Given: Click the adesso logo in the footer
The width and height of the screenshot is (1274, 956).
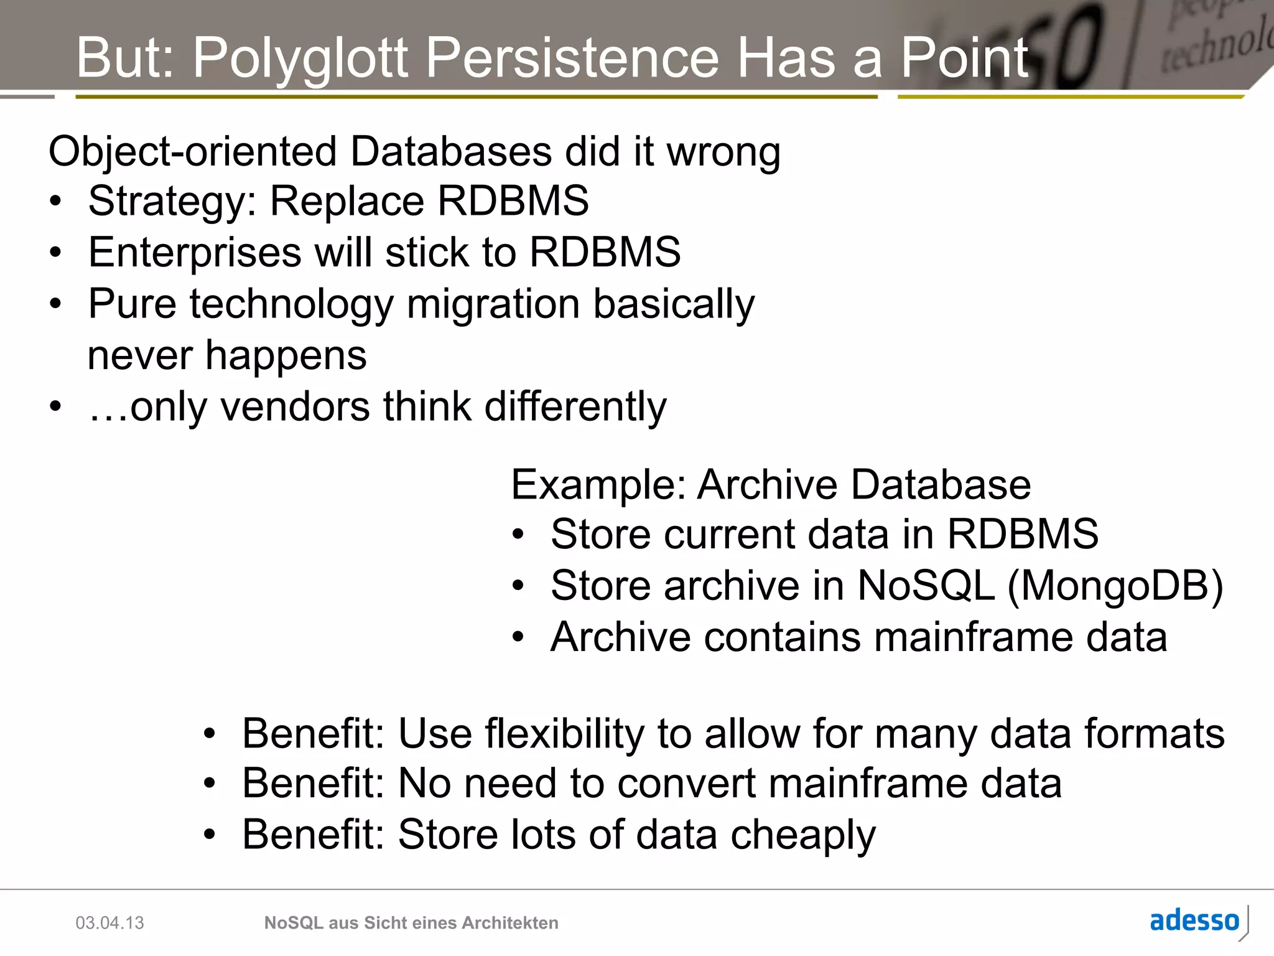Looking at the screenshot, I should [x=1194, y=921].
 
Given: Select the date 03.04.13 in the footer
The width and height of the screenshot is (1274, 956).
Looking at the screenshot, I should [x=109, y=923].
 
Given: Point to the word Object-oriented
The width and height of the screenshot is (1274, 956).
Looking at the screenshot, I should [x=192, y=152].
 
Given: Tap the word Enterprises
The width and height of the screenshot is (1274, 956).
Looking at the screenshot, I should [x=194, y=253].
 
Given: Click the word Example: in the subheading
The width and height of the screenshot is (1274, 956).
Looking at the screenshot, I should [x=598, y=485].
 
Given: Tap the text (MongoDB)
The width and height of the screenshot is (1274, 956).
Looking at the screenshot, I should [x=1115, y=586].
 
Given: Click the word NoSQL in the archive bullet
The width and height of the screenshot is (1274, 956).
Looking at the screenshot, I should [x=926, y=586].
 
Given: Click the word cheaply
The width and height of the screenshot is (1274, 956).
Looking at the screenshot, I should [x=802, y=835].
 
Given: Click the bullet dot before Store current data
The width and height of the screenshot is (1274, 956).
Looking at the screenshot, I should [x=518, y=535].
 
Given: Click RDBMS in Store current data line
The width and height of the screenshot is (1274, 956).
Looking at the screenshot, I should [x=1022, y=535].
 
